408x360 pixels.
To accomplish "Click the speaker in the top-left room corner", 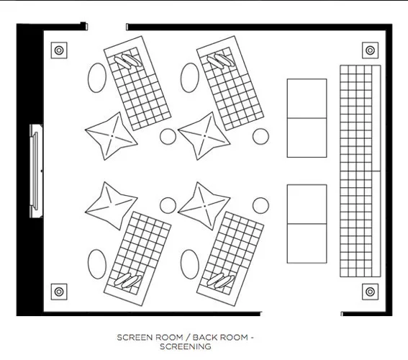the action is coord(59,50).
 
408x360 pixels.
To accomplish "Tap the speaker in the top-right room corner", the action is coord(370,50).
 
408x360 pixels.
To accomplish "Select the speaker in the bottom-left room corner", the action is coord(59,292).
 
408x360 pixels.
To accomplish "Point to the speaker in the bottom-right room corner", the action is coord(370,292).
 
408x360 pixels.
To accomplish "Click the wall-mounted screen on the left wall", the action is coord(36,171).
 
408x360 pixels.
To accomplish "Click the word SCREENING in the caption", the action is coord(186,346).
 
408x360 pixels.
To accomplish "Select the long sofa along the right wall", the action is coord(361,171).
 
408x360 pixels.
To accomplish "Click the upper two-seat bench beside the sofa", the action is coord(307,118).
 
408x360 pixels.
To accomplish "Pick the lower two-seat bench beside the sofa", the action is coord(307,224).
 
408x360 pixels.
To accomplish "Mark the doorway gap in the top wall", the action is coord(107,27).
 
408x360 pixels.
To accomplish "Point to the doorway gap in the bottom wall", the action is coord(301,313).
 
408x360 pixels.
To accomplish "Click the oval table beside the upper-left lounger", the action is coord(97,78).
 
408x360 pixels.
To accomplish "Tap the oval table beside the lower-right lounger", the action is coord(190,264).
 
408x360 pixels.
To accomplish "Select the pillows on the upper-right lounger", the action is coord(221,61).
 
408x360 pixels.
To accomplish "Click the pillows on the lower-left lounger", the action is coord(128,280).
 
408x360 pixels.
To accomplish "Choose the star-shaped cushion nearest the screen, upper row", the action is coord(112,136).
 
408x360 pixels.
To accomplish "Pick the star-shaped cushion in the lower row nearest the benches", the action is coord(204,206).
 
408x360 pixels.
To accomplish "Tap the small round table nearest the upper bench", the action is coord(260,136).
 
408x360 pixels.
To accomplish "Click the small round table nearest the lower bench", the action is coord(260,205).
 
